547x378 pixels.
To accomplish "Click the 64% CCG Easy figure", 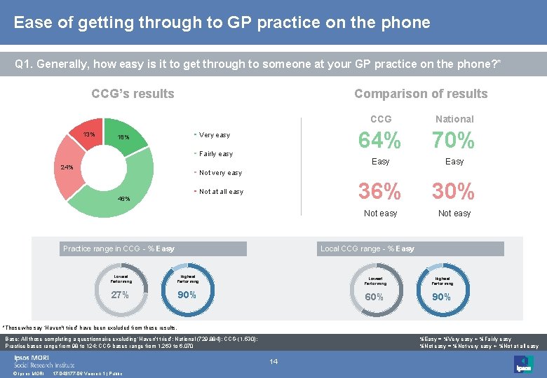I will (380, 141).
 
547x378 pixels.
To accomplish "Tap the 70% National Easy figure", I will (454, 141).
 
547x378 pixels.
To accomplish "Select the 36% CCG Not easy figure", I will (380, 191).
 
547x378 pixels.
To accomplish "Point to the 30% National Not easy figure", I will (454, 191).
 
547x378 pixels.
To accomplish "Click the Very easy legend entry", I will (214, 135).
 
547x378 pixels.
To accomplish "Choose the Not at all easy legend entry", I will (221, 192).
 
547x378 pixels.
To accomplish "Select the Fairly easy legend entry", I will (215, 154).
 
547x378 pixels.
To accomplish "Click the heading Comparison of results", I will (420, 94).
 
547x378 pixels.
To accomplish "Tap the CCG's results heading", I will (133, 94).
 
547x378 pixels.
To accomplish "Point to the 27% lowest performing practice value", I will (120, 295).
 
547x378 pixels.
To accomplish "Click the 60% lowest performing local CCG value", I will (374, 297).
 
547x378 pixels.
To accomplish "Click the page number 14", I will (273, 361).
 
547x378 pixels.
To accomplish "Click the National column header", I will (454, 119).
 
